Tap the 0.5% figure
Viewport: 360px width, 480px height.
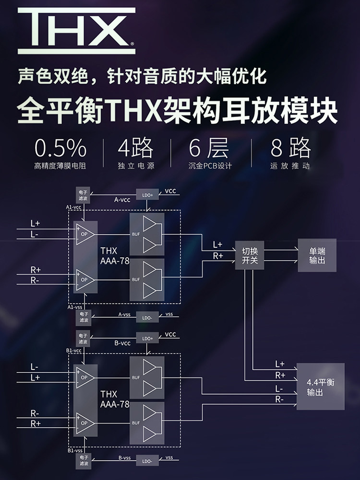(x=60, y=148)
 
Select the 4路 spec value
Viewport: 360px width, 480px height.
(x=136, y=148)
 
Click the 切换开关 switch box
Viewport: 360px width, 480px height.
(x=250, y=256)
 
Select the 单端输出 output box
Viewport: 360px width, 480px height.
(x=317, y=255)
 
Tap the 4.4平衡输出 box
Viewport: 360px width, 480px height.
(x=320, y=387)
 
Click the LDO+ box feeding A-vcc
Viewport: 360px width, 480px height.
(x=148, y=194)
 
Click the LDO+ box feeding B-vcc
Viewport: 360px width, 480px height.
(x=147, y=338)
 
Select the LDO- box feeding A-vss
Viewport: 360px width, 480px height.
(x=147, y=317)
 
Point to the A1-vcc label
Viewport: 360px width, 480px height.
(x=74, y=207)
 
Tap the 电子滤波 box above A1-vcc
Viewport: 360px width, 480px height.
(x=83, y=194)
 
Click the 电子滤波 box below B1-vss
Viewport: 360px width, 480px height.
(x=83, y=462)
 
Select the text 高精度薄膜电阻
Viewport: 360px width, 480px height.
(x=60, y=167)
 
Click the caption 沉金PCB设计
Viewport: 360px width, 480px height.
(x=210, y=167)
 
